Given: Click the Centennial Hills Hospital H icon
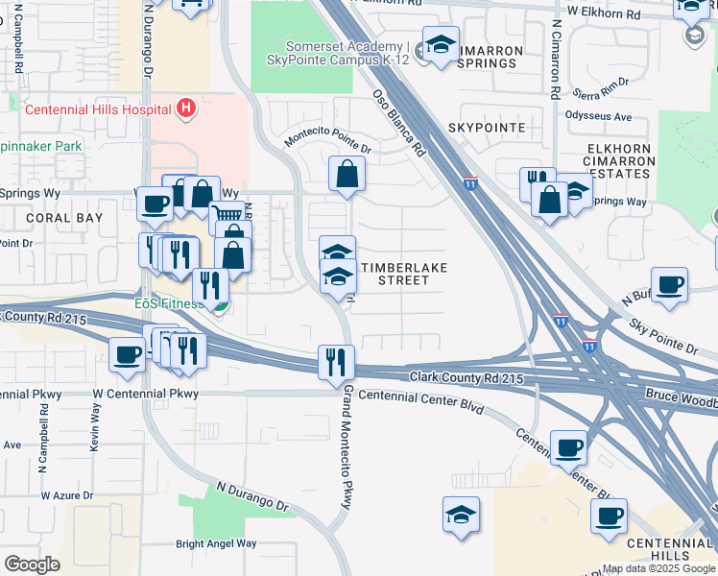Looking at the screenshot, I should (187, 109).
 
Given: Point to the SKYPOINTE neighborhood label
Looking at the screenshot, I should (486, 128).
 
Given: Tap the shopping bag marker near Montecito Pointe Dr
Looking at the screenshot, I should (347, 174).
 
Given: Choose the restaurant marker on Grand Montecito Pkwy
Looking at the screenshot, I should (336, 363).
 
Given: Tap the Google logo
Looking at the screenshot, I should (32, 564).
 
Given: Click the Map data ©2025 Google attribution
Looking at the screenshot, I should (658, 568).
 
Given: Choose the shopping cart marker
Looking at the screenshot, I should (226, 218).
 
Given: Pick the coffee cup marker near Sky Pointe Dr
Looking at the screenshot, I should (669, 285).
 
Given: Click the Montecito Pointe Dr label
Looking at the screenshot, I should (327, 143).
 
